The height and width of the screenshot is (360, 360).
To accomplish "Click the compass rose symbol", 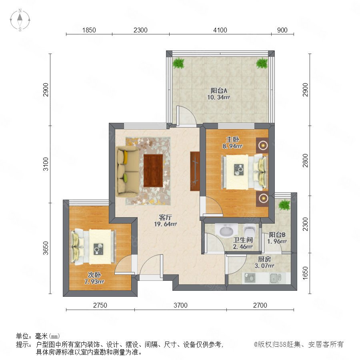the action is (x=20, y=20).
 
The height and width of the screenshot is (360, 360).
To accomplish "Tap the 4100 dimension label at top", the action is (x=220, y=30).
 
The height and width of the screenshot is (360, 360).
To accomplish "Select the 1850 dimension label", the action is (x=89, y=30).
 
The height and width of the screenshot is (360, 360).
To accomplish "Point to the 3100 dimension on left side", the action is (x=46, y=164).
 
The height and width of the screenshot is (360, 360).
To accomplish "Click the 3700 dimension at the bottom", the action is (x=180, y=305).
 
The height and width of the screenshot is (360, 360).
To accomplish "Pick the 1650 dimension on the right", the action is (x=305, y=273).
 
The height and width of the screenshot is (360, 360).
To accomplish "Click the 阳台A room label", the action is (x=219, y=91).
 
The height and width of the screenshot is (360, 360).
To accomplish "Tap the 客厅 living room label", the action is (x=165, y=217).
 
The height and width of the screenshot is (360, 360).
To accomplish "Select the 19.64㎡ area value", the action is (x=165, y=224).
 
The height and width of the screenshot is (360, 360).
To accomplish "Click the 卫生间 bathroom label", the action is (x=243, y=240).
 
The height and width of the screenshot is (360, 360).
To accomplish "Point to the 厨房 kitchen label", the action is (x=264, y=259).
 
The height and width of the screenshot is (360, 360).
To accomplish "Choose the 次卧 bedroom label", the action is (x=94, y=275).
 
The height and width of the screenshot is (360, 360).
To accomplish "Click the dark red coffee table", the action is (x=153, y=171).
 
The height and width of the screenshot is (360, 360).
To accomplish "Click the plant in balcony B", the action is (x=285, y=204).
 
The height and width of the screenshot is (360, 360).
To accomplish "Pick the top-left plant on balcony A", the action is (x=179, y=63).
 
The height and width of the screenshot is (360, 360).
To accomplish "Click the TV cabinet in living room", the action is (x=195, y=171).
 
